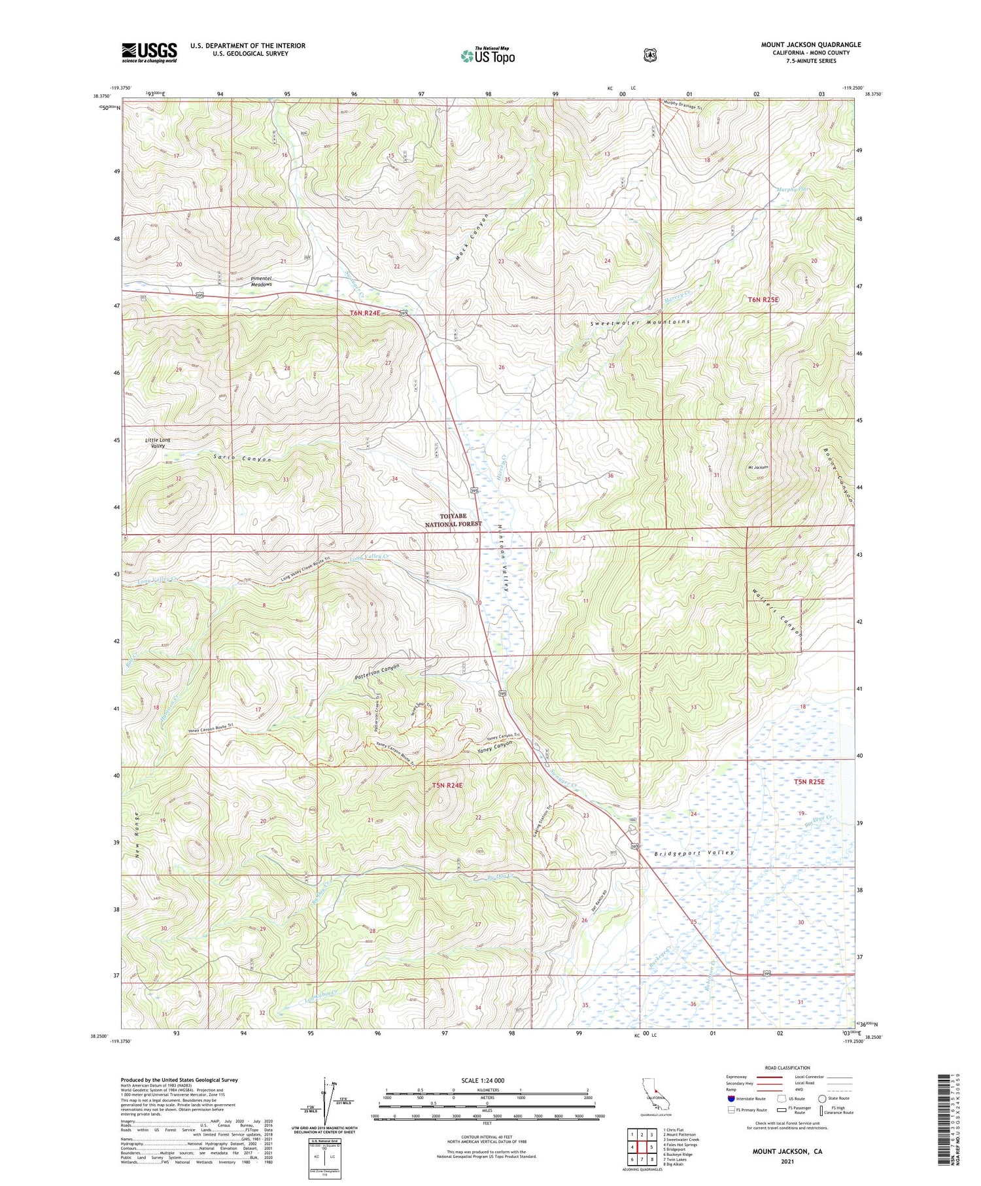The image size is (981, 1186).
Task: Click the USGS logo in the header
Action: coord(149,52)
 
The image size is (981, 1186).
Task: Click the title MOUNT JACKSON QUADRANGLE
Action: coord(810,45)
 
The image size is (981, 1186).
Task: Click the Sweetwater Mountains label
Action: coord(640,323)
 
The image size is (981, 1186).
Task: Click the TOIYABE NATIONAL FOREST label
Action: coord(453,520)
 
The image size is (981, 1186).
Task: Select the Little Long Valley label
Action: coord(157,442)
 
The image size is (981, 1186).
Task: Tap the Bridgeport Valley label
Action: coord(694,853)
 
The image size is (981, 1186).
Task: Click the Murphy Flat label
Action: coord(792,190)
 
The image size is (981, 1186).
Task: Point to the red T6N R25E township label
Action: coord(763,300)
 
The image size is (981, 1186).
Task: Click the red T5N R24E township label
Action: coord(447,785)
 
